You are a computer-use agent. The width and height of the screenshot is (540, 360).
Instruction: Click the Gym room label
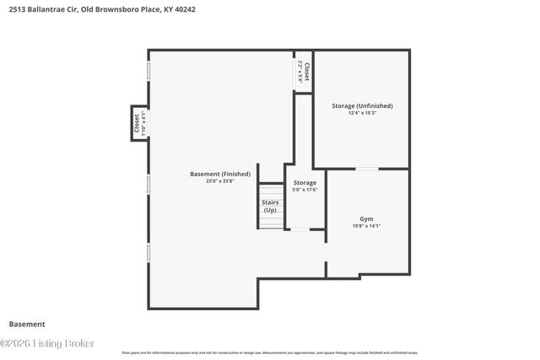(x=366, y=218)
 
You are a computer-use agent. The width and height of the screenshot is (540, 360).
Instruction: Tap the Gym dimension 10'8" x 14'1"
(x=366, y=226)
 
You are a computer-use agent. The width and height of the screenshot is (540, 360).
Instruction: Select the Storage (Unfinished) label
(x=363, y=105)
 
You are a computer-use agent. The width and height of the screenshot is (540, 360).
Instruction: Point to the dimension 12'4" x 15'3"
(x=363, y=113)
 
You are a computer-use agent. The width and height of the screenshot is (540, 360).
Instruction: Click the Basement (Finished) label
(x=219, y=174)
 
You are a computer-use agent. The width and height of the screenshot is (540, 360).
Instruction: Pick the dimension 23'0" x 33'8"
(x=219, y=181)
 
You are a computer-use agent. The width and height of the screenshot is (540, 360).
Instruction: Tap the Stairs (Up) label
(x=270, y=206)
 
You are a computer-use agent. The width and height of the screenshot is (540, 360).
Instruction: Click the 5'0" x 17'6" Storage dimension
(x=305, y=190)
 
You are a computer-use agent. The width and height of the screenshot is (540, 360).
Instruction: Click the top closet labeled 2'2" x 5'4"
(x=304, y=71)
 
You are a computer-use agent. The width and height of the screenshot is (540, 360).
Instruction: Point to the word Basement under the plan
(x=27, y=324)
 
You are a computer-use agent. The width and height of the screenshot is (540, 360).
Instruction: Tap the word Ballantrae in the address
(x=44, y=10)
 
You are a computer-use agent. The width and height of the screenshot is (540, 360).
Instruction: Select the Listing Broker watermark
(x=47, y=343)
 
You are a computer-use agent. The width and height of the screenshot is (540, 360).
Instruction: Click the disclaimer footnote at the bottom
(x=269, y=352)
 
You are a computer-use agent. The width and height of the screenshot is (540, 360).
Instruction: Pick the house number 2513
(x=14, y=10)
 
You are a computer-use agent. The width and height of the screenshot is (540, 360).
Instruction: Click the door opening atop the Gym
(x=366, y=169)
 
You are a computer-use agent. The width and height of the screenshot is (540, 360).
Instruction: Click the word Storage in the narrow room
(x=305, y=182)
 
